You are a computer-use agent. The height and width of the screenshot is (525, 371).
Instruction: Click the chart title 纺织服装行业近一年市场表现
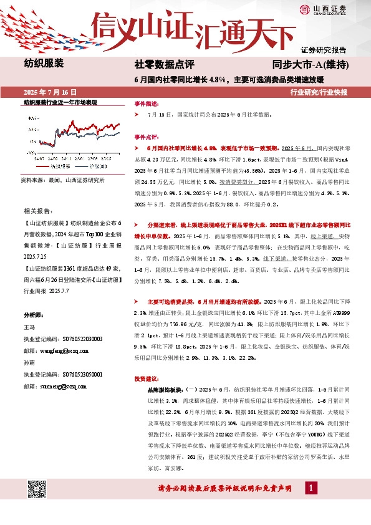coord(61,102)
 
